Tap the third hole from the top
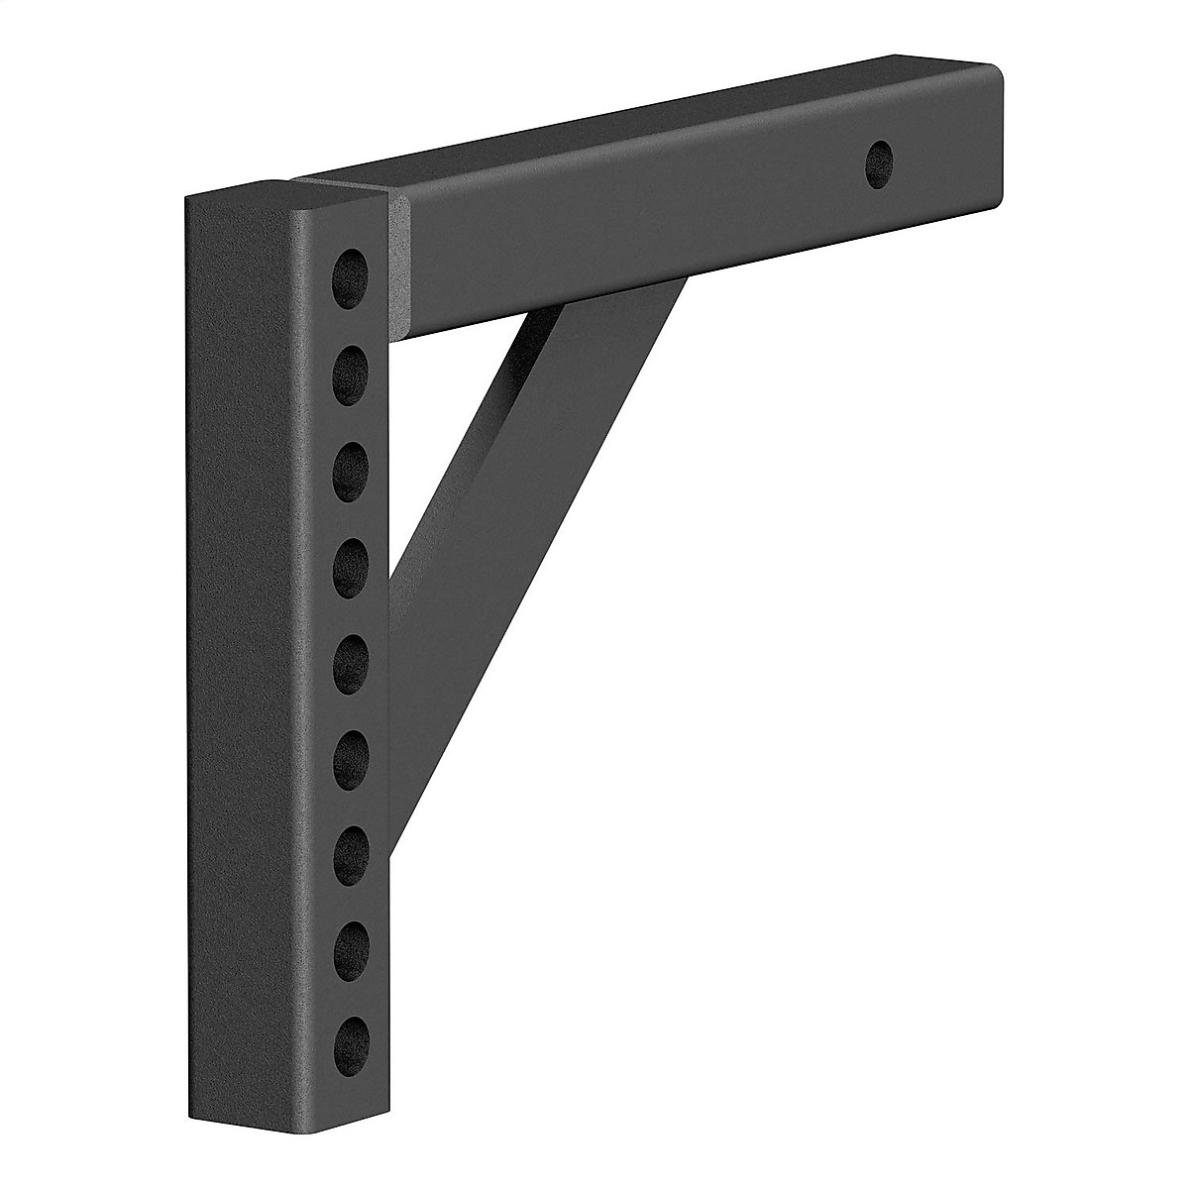click(x=350, y=466)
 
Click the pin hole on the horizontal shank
click(x=879, y=159)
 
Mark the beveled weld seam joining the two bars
click(x=399, y=263)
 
